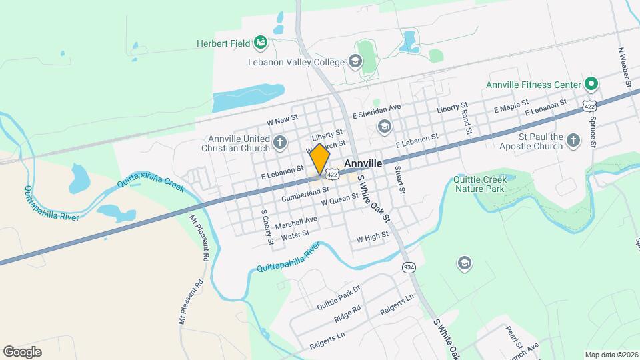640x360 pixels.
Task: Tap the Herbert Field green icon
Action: click(x=261, y=43)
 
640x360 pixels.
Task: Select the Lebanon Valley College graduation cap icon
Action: click(x=355, y=62)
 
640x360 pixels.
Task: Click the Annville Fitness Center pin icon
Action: click(x=590, y=85)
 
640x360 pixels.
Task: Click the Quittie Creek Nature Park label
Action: click(x=480, y=184)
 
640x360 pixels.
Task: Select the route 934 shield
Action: click(x=409, y=267)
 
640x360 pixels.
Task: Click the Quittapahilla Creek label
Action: click(x=151, y=184)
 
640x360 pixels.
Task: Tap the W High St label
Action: click(x=372, y=237)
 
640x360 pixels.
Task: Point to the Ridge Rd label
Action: click(x=347, y=310)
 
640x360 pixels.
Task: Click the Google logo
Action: click(x=22, y=351)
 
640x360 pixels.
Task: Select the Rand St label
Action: click(x=465, y=118)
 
